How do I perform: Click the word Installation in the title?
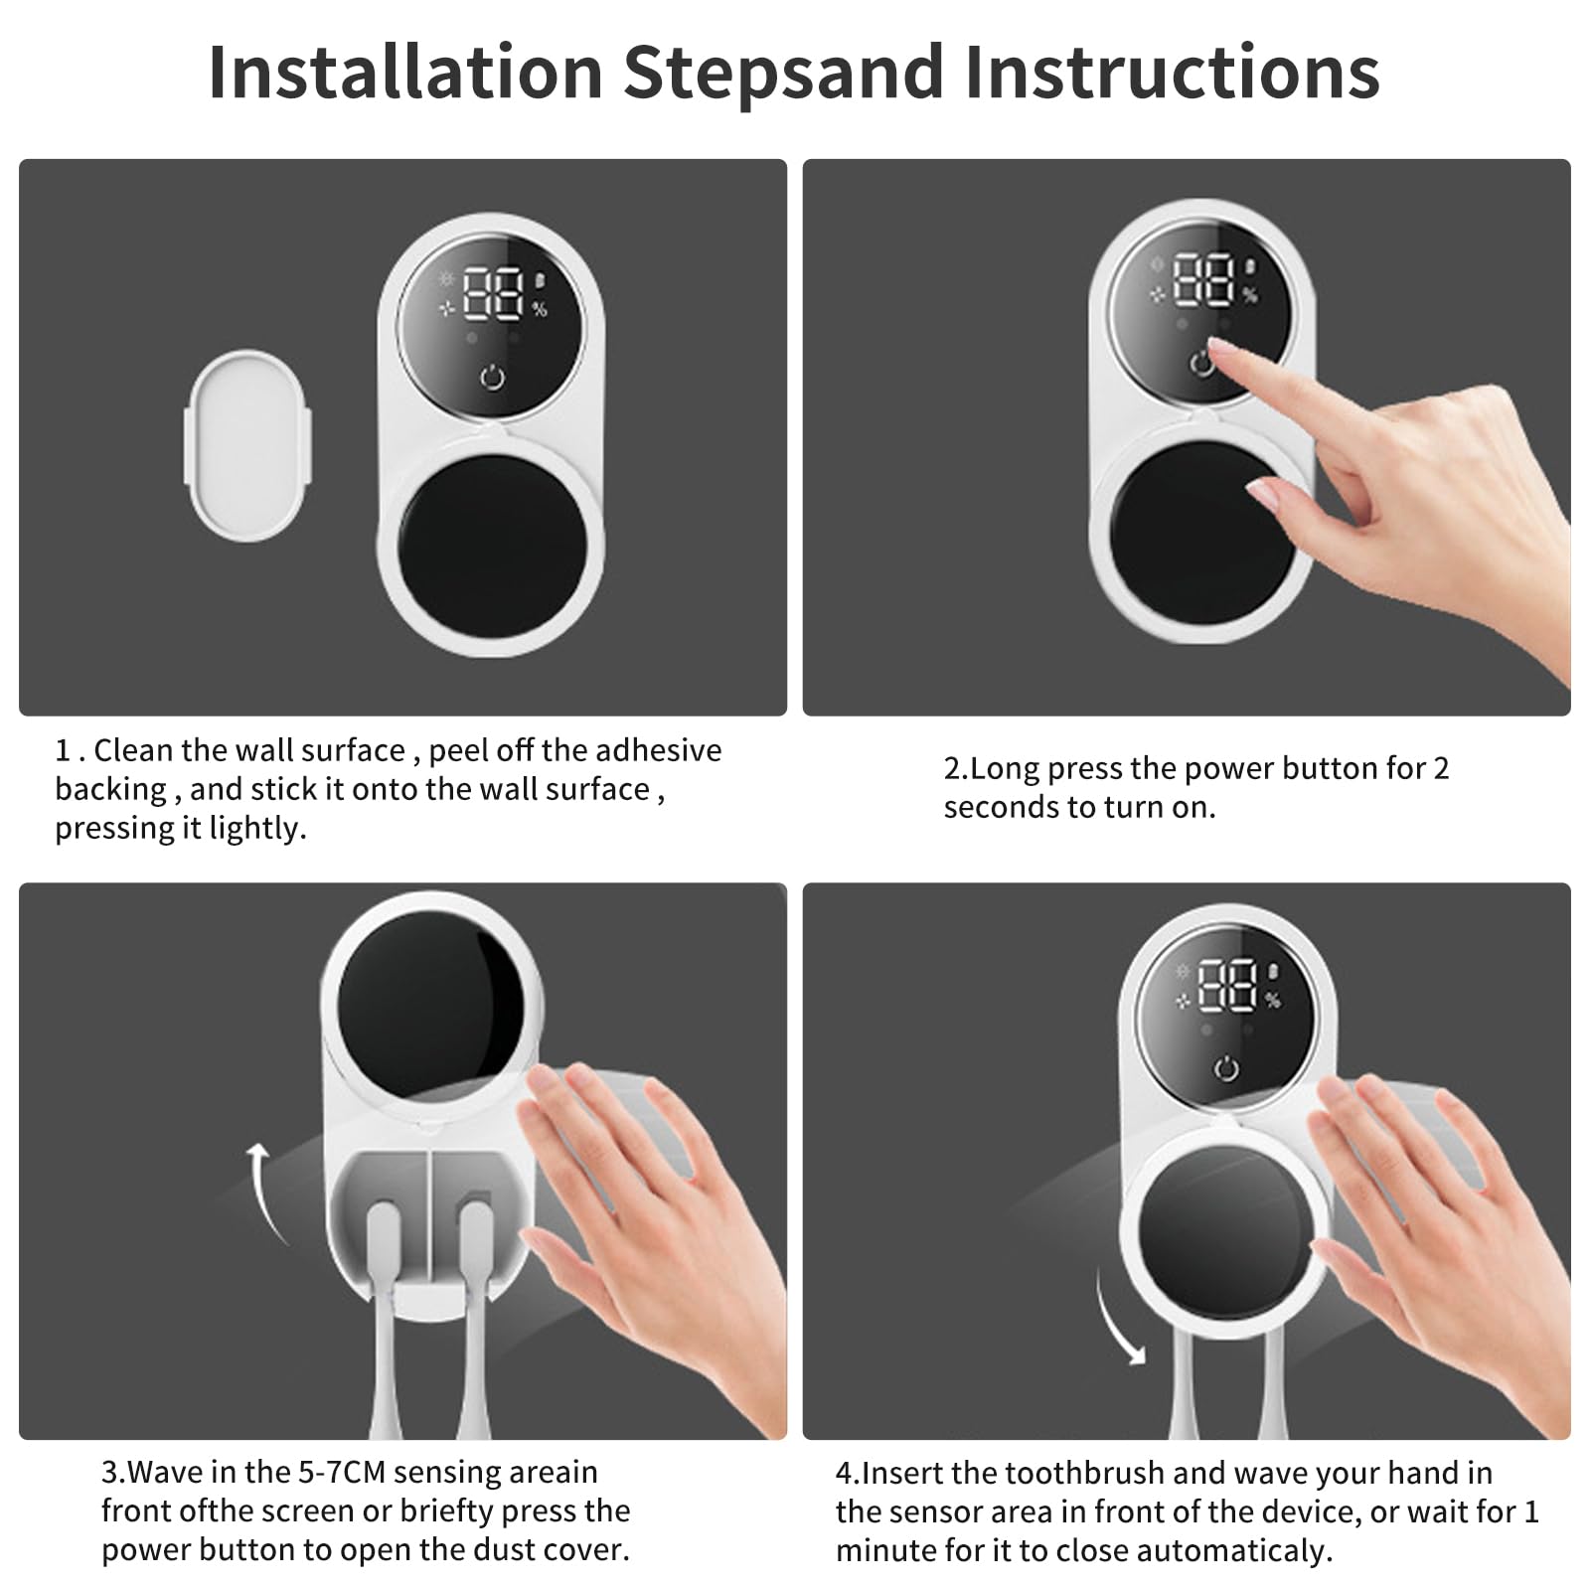click(405, 72)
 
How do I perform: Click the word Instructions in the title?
click(1173, 72)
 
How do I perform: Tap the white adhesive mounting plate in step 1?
click(248, 445)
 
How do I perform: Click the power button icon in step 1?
click(493, 378)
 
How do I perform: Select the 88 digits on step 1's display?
click(493, 292)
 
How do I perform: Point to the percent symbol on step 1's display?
click(540, 310)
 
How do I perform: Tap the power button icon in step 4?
click(1226, 1069)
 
